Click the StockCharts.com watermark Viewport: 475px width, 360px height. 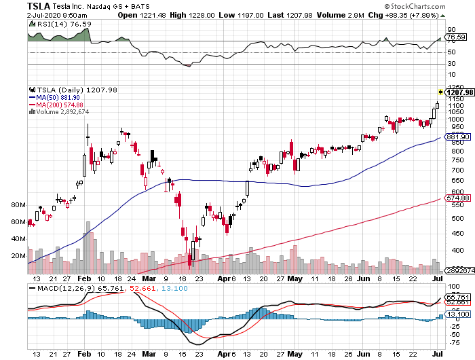click(438, 5)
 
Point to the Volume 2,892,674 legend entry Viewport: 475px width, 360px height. click(62, 112)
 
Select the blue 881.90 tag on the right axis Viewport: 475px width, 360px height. click(457, 137)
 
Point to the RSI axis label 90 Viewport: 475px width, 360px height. click(450, 30)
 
